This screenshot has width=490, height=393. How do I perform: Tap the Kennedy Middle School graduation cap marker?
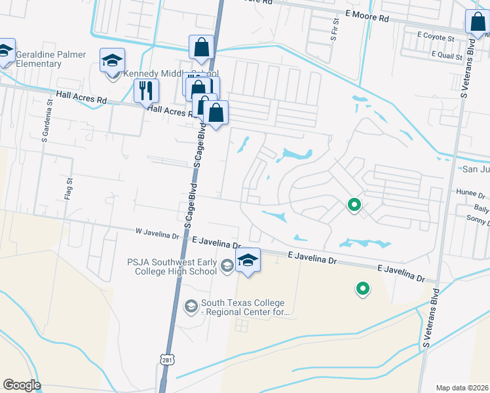tap(112, 61)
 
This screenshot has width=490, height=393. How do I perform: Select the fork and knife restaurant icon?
tap(146, 90)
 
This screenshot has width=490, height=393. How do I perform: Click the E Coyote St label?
tap(435, 38)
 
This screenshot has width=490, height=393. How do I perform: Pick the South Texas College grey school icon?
tap(191, 306)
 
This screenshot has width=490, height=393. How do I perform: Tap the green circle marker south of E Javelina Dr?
tap(362, 288)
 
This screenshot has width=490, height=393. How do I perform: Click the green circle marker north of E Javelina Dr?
tap(354, 206)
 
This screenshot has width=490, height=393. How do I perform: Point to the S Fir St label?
tap(333, 31)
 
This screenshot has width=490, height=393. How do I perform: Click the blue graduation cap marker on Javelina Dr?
tap(248, 261)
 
